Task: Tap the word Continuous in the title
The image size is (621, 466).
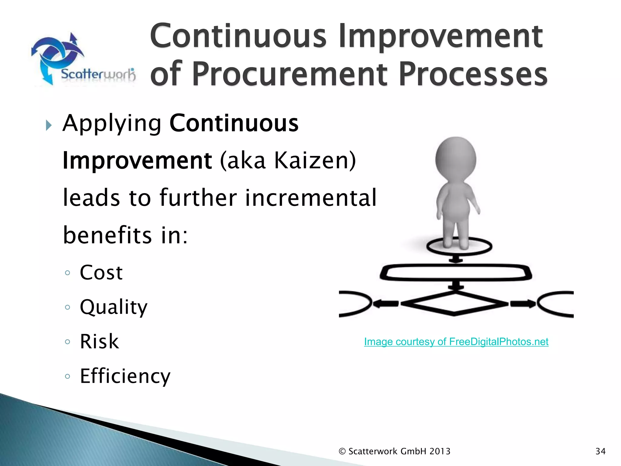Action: pyautogui.click(x=238, y=36)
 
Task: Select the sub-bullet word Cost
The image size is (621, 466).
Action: pyautogui.click(x=101, y=272)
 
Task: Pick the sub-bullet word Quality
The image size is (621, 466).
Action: pyautogui.click(x=113, y=307)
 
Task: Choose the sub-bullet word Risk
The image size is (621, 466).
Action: pyautogui.click(x=99, y=342)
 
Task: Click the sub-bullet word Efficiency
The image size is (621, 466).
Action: pyautogui.click(x=125, y=376)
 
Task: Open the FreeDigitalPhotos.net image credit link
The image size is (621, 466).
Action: pyautogui.click(x=456, y=342)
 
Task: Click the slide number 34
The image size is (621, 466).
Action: pyautogui.click(x=600, y=451)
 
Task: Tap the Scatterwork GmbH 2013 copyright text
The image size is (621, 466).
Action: pyautogui.click(x=394, y=451)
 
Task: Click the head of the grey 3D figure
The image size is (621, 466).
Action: pyautogui.click(x=455, y=159)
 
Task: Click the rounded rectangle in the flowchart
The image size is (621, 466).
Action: pyautogui.click(x=455, y=272)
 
